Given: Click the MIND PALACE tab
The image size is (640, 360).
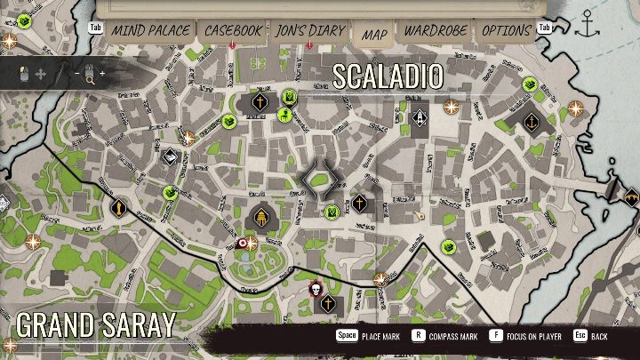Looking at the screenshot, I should (x=149, y=30).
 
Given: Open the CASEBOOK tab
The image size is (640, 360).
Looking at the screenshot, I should (x=233, y=30).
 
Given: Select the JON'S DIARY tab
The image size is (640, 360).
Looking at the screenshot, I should (x=310, y=30).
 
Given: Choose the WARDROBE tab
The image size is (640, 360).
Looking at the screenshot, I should (x=436, y=30).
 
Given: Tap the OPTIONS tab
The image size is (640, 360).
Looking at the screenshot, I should (x=506, y=30).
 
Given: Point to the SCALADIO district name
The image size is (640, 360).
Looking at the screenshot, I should (x=388, y=76).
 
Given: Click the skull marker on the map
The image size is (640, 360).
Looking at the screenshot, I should (x=315, y=289).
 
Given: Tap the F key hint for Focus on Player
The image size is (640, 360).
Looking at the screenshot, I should (x=495, y=337).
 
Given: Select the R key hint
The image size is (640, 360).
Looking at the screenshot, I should (x=417, y=337).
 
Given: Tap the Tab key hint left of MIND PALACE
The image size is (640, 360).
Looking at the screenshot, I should (x=97, y=28).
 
